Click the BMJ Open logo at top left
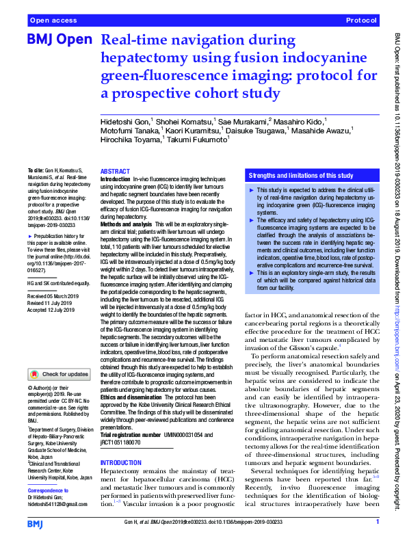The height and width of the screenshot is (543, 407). click(x=58, y=40)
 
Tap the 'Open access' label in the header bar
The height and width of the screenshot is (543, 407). click(x=53, y=21)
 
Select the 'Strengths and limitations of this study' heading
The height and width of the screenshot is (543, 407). click(x=301, y=175)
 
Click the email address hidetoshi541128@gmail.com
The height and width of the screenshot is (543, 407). click(x=57, y=504)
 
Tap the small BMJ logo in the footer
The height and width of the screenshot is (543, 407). click(x=35, y=524)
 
